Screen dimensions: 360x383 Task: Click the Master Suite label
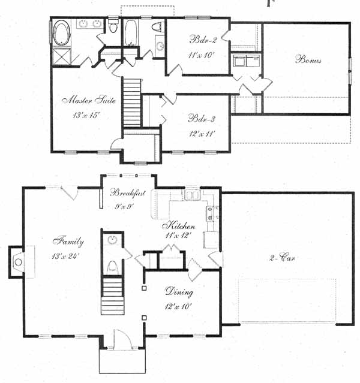(x=89, y=100)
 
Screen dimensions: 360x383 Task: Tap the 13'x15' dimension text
(x=86, y=115)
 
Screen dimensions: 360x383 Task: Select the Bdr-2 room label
(x=203, y=40)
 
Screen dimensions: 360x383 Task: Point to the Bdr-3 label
(x=202, y=119)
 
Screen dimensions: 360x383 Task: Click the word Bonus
(x=308, y=59)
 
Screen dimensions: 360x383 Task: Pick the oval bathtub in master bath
(x=62, y=33)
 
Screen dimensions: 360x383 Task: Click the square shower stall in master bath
(x=62, y=56)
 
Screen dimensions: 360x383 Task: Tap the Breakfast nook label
(x=128, y=193)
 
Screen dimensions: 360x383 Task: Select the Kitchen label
(x=179, y=226)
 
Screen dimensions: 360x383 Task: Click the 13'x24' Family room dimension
(x=65, y=256)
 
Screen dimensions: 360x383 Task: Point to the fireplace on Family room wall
(x=17, y=262)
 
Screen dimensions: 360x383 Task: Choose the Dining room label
(x=179, y=292)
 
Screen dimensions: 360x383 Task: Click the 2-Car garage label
(x=282, y=258)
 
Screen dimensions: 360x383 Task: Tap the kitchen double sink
(x=193, y=195)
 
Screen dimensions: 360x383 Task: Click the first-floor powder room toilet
(x=113, y=267)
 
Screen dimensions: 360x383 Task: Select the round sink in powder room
(x=113, y=239)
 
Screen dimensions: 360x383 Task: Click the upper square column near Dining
(x=144, y=288)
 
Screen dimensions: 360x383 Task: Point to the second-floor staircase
(x=132, y=102)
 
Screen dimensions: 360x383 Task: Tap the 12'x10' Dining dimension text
(x=178, y=306)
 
